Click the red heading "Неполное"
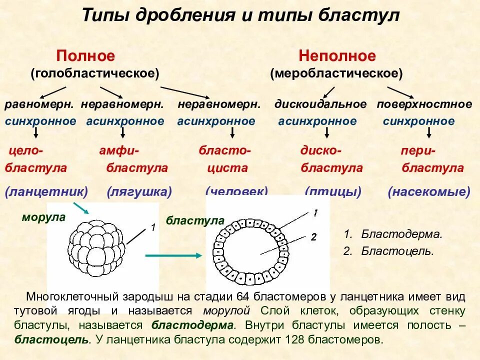[337, 56]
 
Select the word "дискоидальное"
[320, 104]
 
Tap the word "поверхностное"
[424, 104]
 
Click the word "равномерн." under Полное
[39, 104]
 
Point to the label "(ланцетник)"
[46, 191]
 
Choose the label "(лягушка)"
[139, 191]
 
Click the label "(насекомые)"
[429, 191]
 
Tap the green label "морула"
[43, 217]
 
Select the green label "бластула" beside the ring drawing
[195, 220]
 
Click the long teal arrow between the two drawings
[173, 255]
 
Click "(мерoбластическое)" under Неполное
[336, 73]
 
